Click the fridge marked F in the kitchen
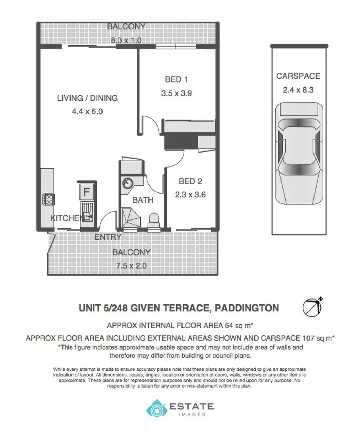point(86,191)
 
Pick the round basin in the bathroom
point(127,183)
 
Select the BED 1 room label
point(176,79)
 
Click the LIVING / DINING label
point(87,98)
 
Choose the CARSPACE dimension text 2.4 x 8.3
point(298,90)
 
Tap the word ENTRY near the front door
point(108,237)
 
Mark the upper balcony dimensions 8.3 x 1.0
point(126,40)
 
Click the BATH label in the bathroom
point(143,200)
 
